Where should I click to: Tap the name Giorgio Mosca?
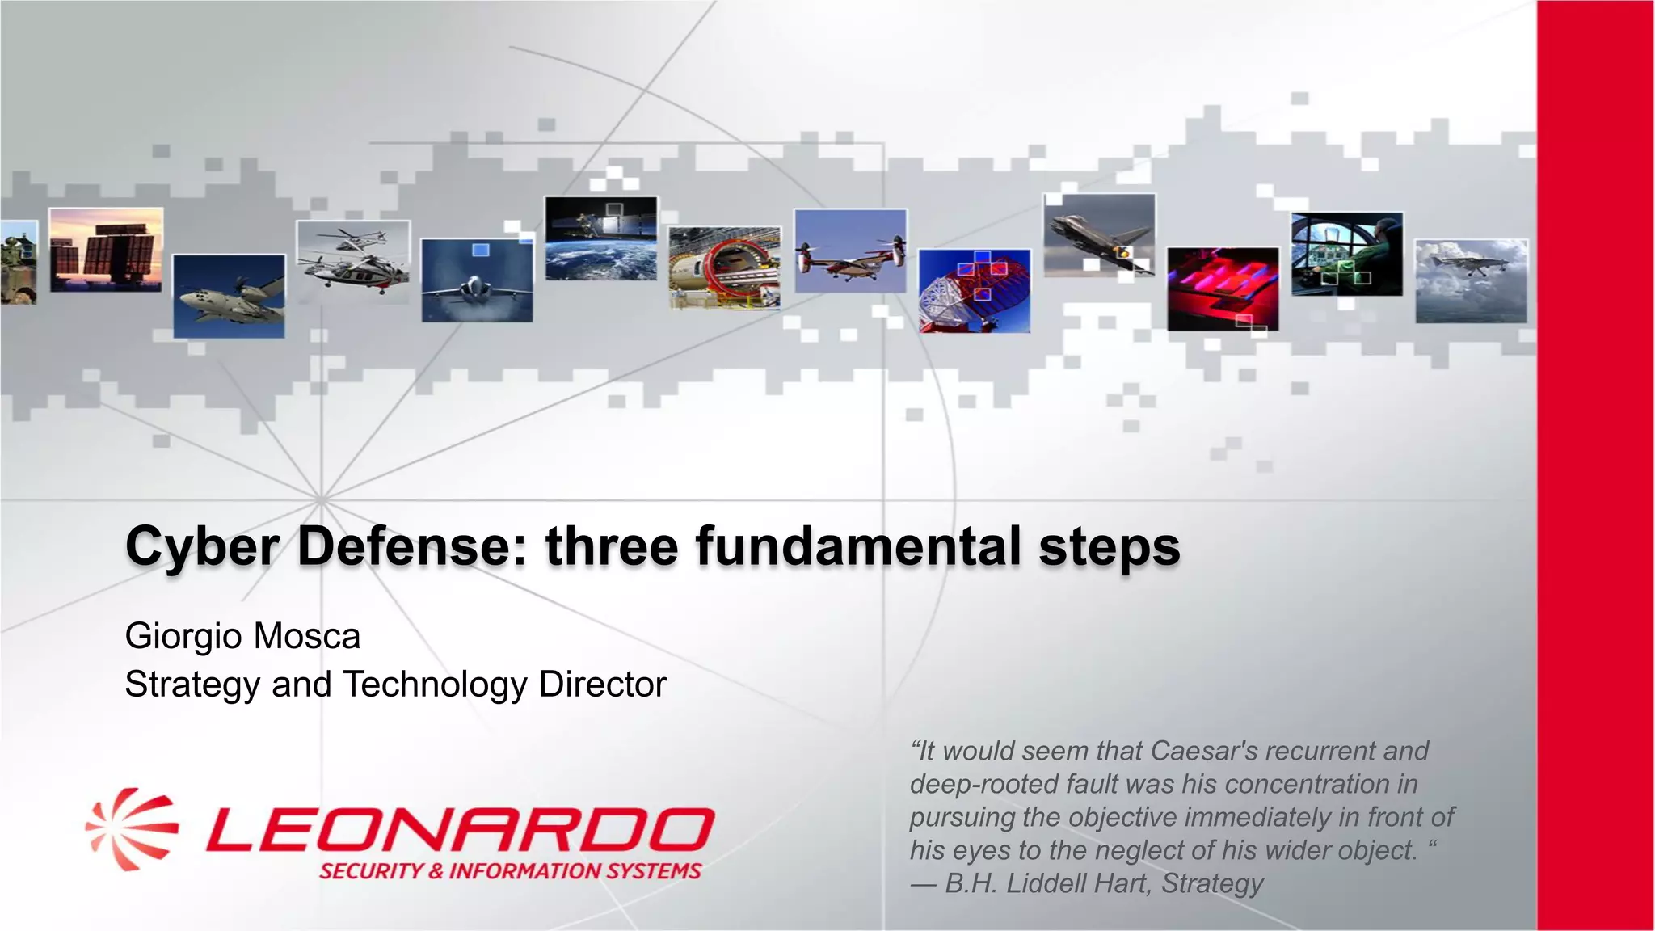click(x=242, y=636)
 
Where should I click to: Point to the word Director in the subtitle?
click(x=603, y=685)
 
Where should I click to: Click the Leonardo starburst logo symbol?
click(x=132, y=830)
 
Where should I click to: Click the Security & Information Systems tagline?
click(x=510, y=871)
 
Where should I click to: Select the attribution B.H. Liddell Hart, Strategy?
click(x=1103, y=883)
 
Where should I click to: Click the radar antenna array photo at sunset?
click(x=106, y=249)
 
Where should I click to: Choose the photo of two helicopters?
click(x=353, y=260)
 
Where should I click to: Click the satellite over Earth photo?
click(x=601, y=238)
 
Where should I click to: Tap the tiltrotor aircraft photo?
click(x=850, y=251)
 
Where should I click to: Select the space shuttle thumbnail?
click(x=1099, y=234)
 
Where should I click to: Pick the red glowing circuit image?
click(x=1223, y=289)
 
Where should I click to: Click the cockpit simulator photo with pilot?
click(x=1347, y=254)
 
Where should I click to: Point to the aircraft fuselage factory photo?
click(x=725, y=268)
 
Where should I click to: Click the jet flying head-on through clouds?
click(x=477, y=280)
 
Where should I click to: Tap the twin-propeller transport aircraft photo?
click(x=229, y=296)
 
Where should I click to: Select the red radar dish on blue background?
click(x=975, y=291)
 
